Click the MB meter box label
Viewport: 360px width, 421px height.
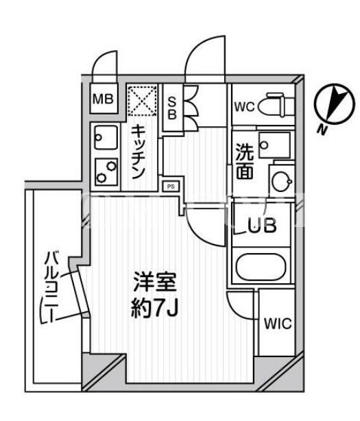(103, 99)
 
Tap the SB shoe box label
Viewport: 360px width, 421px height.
(172, 108)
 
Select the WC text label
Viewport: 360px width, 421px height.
(244, 107)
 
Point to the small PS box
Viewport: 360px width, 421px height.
(171, 187)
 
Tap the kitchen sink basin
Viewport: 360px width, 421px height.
(106, 138)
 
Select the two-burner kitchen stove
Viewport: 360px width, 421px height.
(106, 171)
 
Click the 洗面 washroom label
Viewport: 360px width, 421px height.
(244, 161)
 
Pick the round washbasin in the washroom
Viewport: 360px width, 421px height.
(282, 181)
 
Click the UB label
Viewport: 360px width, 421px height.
(262, 226)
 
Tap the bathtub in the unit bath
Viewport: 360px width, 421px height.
(261, 267)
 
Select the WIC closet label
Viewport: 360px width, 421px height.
(278, 324)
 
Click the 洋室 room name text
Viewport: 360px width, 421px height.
(155, 282)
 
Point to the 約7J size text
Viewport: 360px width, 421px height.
(154, 308)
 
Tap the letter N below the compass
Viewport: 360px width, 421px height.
(322, 130)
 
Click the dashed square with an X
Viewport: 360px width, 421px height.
(142, 100)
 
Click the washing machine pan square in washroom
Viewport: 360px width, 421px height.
(274, 145)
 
